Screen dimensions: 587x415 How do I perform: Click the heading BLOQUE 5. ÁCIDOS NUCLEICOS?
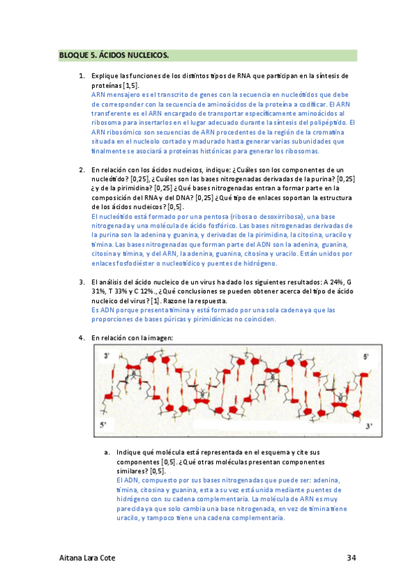click(x=114, y=56)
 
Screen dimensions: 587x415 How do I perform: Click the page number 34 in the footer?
click(x=351, y=558)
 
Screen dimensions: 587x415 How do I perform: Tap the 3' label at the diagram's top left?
click(x=107, y=355)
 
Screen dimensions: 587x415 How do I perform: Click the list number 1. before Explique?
click(x=82, y=75)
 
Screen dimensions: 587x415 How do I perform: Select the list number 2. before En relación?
click(x=82, y=170)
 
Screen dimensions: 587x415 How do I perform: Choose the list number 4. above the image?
click(x=82, y=338)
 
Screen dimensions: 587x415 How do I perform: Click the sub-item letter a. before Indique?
click(x=107, y=451)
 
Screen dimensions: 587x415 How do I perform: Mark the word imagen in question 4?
click(x=159, y=338)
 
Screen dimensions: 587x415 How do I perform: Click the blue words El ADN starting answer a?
click(x=125, y=480)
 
